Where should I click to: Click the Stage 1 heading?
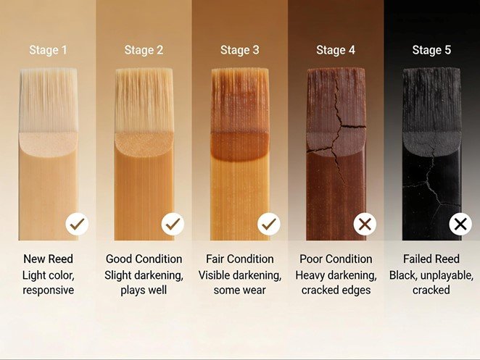tap(48, 50)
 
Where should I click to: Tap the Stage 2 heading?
tap(144, 50)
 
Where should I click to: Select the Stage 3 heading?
tap(240, 50)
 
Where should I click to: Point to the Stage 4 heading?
tap(336, 50)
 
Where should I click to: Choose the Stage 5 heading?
tap(431, 50)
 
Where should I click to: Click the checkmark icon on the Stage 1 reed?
tap(77, 224)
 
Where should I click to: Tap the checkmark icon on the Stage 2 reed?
tap(173, 224)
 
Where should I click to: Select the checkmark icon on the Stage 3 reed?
tap(269, 224)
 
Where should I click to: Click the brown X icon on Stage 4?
tap(365, 224)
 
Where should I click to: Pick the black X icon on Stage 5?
tap(460, 224)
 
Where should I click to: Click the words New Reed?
tap(48, 259)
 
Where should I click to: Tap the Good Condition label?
tap(144, 259)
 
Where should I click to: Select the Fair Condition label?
tap(240, 259)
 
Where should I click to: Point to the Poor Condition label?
tap(336, 259)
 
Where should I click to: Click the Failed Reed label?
tap(431, 259)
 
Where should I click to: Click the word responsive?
tap(49, 290)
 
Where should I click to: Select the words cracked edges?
tap(336, 290)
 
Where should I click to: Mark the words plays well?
tap(144, 290)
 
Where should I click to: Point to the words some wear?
tap(240, 290)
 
